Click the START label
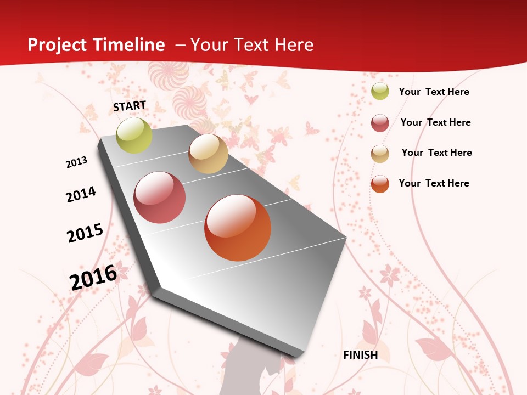[130, 106]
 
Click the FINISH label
[361, 355]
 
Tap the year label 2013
[76, 162]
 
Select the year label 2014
[81, 194]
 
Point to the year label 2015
[85, 233]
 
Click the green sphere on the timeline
[134, 135]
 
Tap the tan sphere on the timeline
[208, 154]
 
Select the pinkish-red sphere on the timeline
[160, 198]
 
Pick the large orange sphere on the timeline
[238, 228]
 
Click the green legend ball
[380, 92]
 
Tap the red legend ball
[380, 123]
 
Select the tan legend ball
[380, 154]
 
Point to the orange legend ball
[380, 184]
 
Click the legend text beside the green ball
[434, 92]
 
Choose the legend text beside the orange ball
[434, 183]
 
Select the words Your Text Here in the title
[252, 45]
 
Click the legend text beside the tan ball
[436, 153]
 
